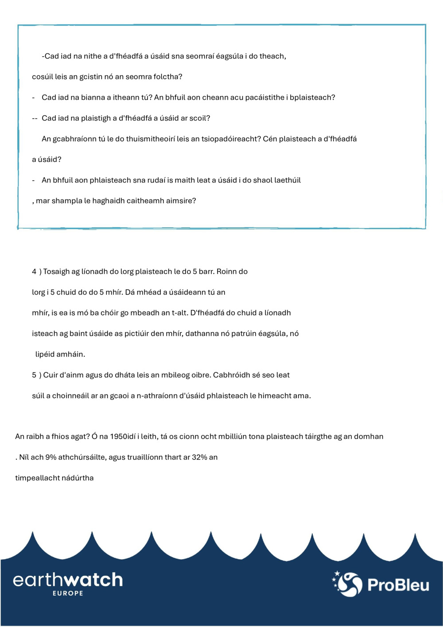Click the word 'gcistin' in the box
coord(91,77)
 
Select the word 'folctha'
coord(166,77)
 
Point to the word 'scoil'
coord(198,118)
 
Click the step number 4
coord(34,272)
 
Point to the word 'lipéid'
coord(46,354)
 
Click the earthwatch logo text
coord(68,580)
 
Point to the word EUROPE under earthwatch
coord(68,593)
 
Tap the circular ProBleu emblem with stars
coord(348,584)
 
